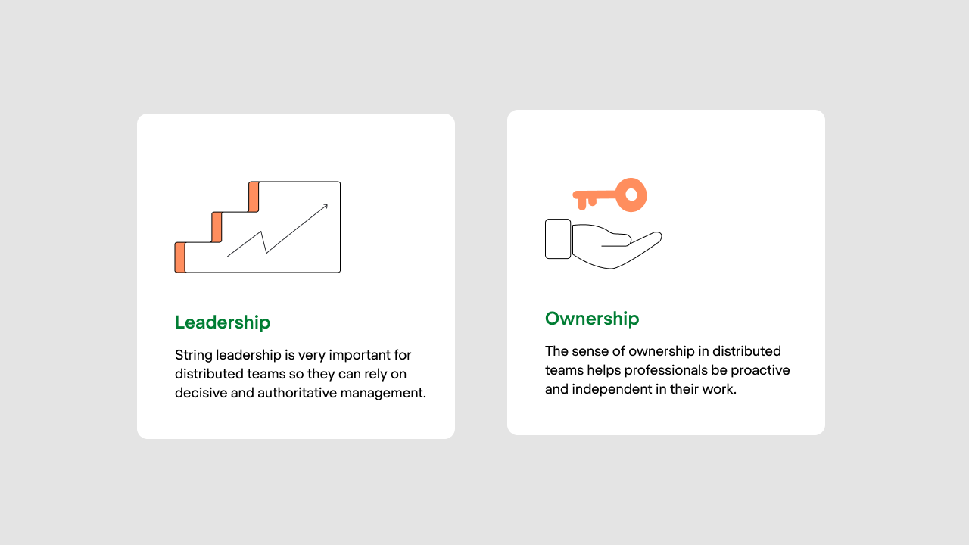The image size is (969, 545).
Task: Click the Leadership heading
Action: pyautogui.click(x=222, y=322)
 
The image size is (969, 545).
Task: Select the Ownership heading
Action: pyautogui.click(x=592, y=319)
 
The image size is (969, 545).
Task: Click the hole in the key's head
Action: pyautogui.click(x=631, y=195)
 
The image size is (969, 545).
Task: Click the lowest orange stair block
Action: pyautogui.click(x=179, y=257)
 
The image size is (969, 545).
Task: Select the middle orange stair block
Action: pyautogui.click(x=217, y=227)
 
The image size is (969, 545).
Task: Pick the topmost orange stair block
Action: pyautogui.click(x=254, y=197)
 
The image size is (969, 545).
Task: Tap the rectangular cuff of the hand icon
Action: pyautogui.click(x=558, y=238)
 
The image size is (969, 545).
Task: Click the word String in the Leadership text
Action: pyautogui.click(x=193, y=355)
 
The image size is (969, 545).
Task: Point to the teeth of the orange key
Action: pyautogui.click(x=586, y=203)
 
